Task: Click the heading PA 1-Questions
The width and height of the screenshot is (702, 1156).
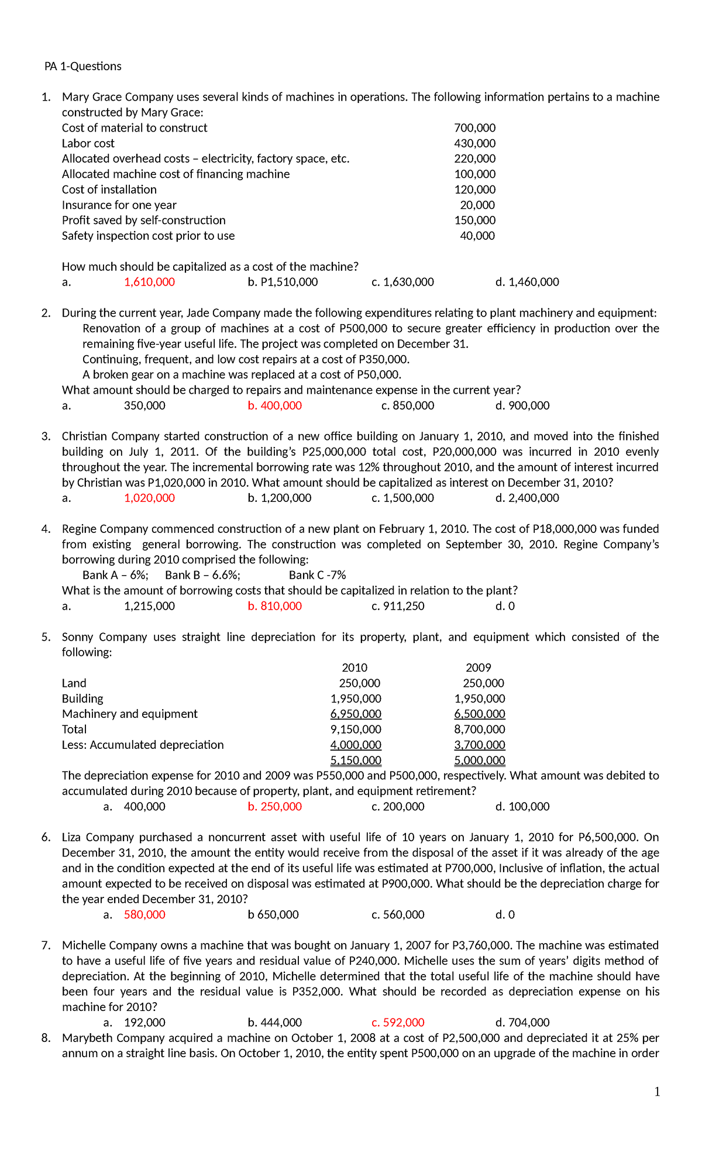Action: click(x=82, y=66)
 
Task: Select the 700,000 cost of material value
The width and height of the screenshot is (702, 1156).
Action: click(x=474, y=128)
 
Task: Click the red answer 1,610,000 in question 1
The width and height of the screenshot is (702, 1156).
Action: click(x=149, y=282)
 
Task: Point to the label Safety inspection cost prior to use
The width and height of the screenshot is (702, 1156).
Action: click(x=148, y=236)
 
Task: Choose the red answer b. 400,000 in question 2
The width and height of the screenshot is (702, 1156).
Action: click(x=274, y=405)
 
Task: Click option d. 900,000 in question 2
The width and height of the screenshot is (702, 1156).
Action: click(x=522, y=405)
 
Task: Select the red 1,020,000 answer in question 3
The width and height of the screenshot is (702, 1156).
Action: click(x=149, y=498)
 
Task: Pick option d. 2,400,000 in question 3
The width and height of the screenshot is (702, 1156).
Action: click(x=526, y=498)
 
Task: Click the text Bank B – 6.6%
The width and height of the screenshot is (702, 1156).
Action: click(x=202, y=575)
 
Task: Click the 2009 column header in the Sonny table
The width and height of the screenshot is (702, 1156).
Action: click(x=478, y=668)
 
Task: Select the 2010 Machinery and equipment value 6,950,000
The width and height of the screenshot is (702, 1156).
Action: click(x=356, y=714)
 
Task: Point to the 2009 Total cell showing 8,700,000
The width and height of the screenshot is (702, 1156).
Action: click(x=479, y=730)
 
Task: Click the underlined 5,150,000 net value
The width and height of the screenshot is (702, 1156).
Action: click(x=356, y=761)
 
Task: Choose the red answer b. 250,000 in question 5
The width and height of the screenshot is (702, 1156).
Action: click(x=274, y=807)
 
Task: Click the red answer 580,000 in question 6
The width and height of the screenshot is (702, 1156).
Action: click(x=144, y=914)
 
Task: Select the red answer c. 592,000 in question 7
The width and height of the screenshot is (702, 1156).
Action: click(x=398, y=1023)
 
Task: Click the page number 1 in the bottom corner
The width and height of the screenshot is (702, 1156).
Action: click(x=657, y=1092)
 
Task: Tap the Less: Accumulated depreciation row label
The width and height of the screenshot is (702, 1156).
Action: click(x=143, y=745)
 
